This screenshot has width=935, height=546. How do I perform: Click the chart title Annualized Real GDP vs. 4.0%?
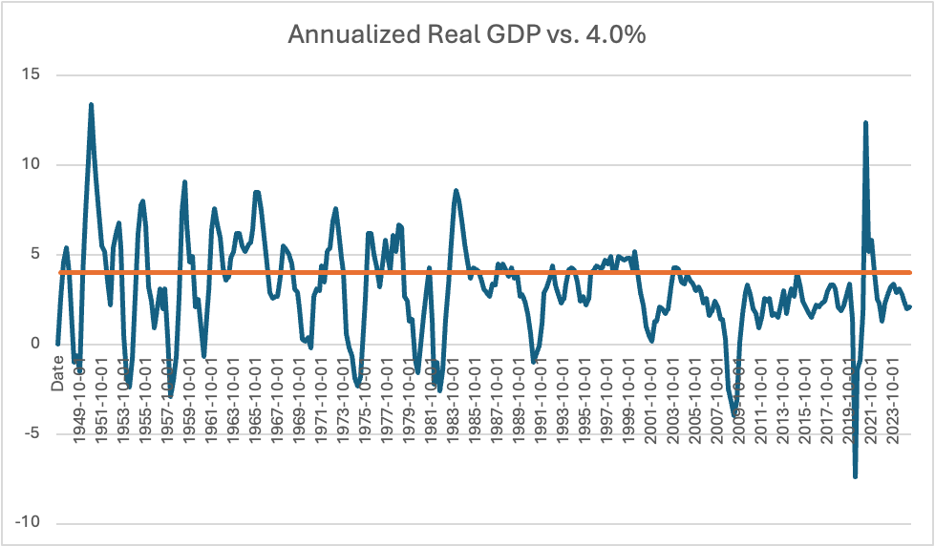[x=467, y=35]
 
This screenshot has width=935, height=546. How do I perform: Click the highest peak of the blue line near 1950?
[x=91, y=105]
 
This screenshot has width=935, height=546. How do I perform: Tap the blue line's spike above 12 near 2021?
[x=865, y=123]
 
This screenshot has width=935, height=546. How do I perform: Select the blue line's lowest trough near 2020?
[x=855, y=475]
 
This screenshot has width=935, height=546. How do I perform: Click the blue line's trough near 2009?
[x=734, y=414]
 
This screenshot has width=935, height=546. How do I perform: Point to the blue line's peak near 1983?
[x=457, y=191]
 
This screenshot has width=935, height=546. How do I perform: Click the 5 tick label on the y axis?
[x=39, y=255]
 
